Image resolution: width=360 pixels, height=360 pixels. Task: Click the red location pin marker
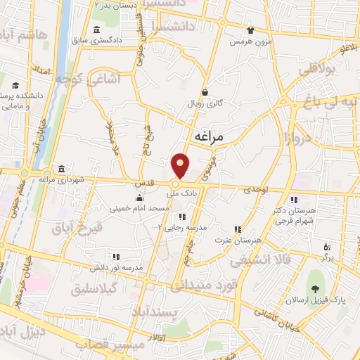(181, 165)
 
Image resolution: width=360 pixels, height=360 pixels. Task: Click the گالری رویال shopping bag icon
(205, 92)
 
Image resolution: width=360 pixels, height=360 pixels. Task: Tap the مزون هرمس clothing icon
(250, 30)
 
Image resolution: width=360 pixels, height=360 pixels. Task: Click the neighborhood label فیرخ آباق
(77, 229)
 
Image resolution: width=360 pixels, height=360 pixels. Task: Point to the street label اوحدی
(256, 190)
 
